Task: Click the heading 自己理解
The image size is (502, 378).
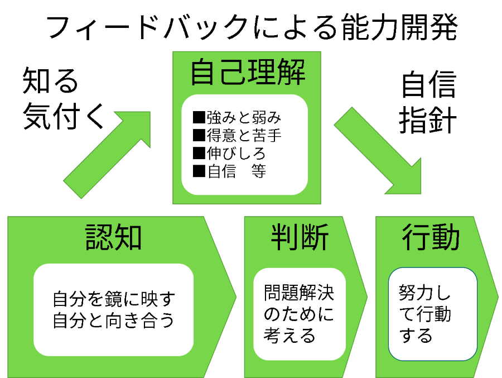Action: (247, 73)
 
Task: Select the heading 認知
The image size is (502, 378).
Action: (113, 237)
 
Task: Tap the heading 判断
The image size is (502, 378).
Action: (300, 237)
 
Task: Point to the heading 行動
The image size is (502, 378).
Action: (431, 237)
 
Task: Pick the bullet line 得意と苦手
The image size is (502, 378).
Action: (236, 136)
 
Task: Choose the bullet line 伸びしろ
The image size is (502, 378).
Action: (229, 153)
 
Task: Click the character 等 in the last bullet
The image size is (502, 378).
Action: (258, 171)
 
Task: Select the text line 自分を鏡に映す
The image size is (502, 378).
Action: (114, 299)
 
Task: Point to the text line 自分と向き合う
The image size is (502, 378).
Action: (114, 321)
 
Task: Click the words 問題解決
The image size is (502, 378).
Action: (298, 293)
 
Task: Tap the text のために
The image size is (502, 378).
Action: (298, 314)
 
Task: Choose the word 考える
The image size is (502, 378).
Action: (289, 336)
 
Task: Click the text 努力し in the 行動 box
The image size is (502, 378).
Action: (424, 293)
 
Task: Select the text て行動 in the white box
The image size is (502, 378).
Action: (424, 314)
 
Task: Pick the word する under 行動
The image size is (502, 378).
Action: (416, 336)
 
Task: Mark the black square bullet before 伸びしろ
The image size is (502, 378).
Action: (199, 153)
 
